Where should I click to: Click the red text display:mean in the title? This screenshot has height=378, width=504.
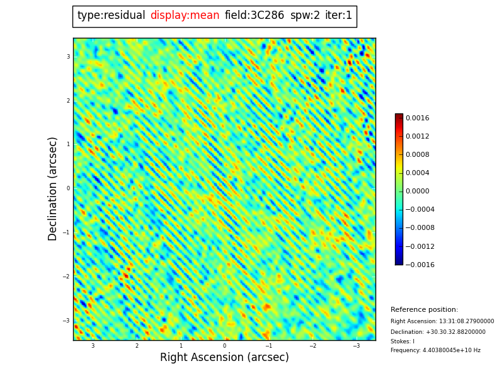pos(185,16)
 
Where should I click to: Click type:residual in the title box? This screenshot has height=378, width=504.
pos(111,16)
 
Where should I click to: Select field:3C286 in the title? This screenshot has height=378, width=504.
pos(254,16)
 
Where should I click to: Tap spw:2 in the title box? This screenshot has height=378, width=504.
pos(305,16)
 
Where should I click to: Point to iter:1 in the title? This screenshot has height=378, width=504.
pos(338,16)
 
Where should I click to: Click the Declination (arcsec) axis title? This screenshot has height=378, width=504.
pos(53,188)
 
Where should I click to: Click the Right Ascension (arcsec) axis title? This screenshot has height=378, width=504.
pos(224,357)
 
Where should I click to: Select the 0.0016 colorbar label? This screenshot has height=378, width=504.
pos(417,118)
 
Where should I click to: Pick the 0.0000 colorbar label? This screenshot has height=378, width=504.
pos(417,192)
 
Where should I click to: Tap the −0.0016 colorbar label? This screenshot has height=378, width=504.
pos(420,265)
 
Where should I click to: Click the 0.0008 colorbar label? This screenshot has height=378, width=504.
pos(417,154)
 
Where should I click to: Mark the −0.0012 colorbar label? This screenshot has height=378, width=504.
pos(420,246)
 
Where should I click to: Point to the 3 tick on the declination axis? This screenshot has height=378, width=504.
pos(68,57)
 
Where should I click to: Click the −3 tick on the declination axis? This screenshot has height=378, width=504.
pos(66,321)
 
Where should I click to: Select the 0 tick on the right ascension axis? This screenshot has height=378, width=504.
pos(224,346)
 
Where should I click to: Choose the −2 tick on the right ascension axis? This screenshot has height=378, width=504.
pos(312,346)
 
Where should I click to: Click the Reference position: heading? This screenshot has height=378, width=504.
pos(424,310)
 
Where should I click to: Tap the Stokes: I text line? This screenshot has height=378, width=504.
pos(402,341)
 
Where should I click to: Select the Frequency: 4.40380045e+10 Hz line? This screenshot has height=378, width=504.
pos(435,350)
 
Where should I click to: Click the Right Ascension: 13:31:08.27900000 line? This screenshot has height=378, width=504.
pos(442,321)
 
